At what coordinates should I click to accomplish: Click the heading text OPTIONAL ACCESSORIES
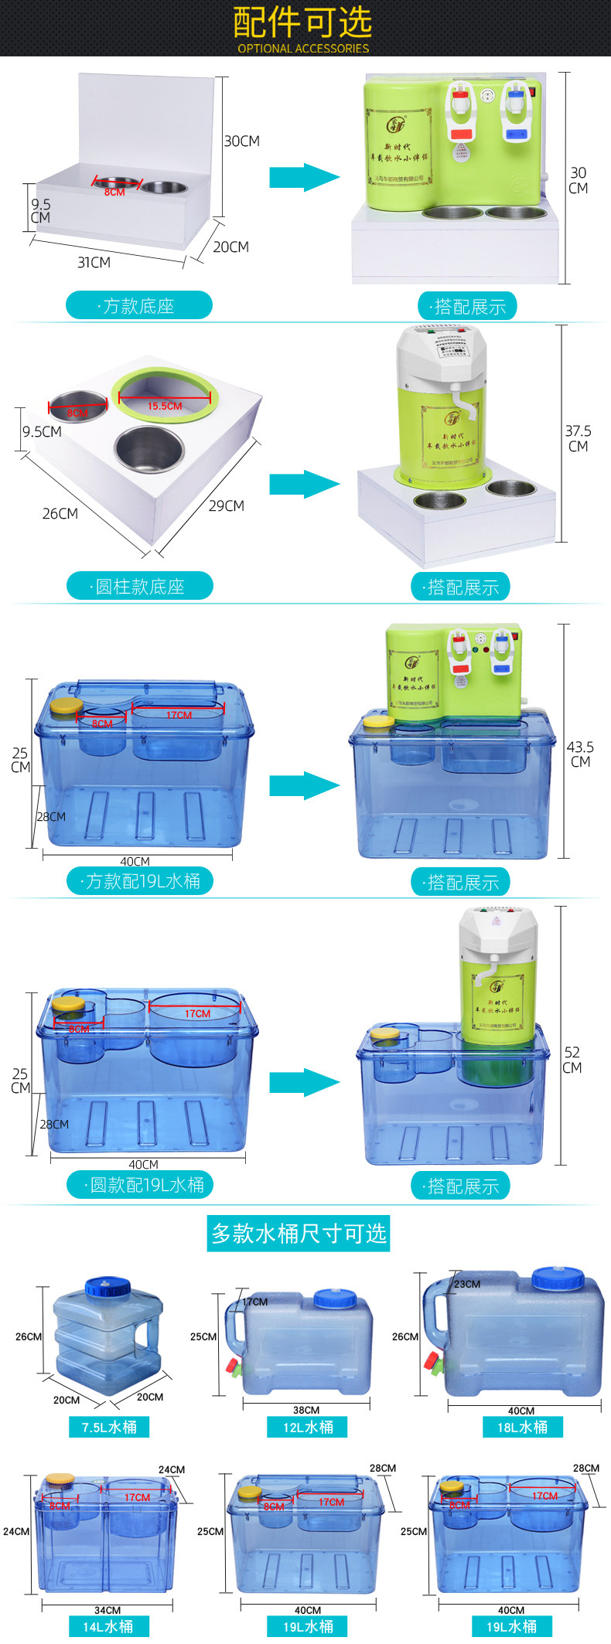pyautogui.click(x=303, y=48)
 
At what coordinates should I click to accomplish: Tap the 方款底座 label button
pyautogui.click(x=139, y=306)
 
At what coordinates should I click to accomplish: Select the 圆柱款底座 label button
pyautogui.click(x=140, y=587)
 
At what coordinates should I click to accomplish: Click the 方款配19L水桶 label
pyautogui.click(x=140, y=881)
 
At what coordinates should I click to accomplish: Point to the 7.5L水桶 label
pyautogui.click(x=109, y=1427)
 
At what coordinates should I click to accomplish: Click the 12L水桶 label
pyautogui.click(x=308, y=1427)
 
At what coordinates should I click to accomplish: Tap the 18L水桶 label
pyautogui.click(x=522, y=1427)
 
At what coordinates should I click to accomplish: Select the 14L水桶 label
pyautogui.click(x=108, y=1626)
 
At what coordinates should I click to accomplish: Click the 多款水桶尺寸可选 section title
pyautogui.click(x=299, y=1234)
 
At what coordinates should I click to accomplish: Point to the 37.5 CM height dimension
pyautogui.click(x=578, y=438)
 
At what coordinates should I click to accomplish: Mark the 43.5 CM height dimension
pyautogui.click(x=580, y=754)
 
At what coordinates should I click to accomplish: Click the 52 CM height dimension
pyautogui.click(x=572, y=1060)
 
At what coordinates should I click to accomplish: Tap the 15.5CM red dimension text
pyautogui.click(x=165, y=406)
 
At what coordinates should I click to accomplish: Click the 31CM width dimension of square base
pyautogui.click(x=94, y=263)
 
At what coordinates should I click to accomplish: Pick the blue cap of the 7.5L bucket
pyautogui.click(x=108, y=1286)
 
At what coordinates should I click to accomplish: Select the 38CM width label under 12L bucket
pyautogui.click(x=306, y=1410)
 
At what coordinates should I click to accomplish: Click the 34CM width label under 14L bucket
pyautogui.click(x=108, y=1610)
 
